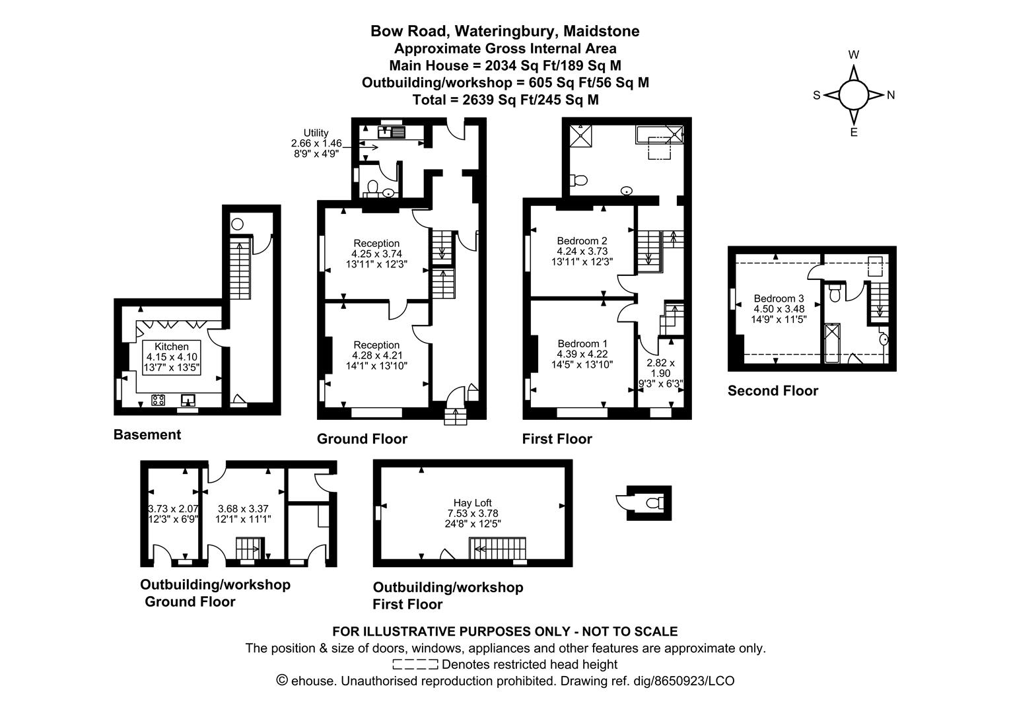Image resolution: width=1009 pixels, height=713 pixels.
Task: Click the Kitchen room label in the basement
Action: coord(172,347)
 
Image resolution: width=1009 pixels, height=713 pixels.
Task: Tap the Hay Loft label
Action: coord(472,502)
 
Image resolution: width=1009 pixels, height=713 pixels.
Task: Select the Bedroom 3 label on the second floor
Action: coord(779,298)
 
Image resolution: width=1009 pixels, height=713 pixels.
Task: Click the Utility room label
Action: coord(316,133)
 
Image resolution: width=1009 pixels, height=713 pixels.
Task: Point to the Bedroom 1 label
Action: coord(582,344)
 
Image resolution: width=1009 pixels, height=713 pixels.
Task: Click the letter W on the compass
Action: coord(853,55)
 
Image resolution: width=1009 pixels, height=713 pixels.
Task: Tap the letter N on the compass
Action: coord(890,95)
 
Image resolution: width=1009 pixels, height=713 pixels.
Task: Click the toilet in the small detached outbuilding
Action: coord(654,503)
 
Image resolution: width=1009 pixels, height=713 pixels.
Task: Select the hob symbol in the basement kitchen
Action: coord(158,399)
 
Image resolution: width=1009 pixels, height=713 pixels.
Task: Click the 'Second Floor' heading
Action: coord(773,391)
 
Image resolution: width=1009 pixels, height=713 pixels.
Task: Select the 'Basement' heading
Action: coord(147,434)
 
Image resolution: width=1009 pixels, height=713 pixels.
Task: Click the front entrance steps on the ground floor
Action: coord(454,417)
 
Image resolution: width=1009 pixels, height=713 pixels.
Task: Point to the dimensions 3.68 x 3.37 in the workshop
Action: coord(244,508)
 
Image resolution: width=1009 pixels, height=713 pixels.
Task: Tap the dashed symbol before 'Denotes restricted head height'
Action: coord(415,664)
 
